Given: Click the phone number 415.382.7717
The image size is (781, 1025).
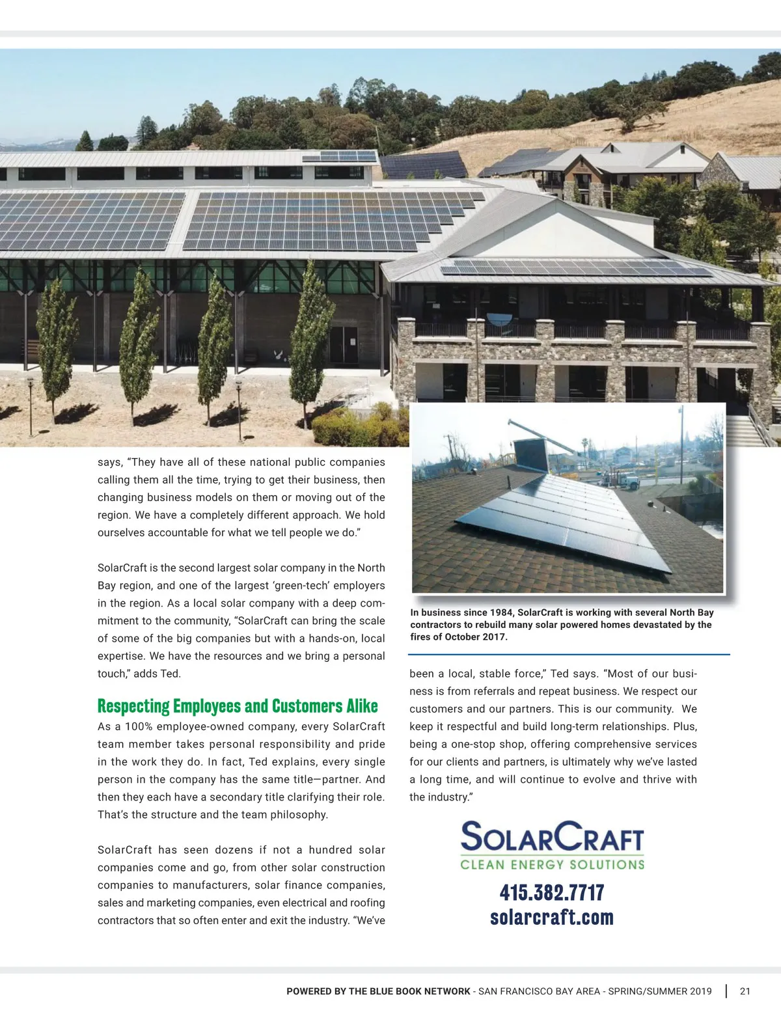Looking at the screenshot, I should (x=552, y=892).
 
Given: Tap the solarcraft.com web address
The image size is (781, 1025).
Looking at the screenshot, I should (x=552, y=917).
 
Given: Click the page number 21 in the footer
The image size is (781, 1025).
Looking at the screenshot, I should (x=745, y=991).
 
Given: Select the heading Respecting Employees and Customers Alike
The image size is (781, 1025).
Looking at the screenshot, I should (x=238, y=706).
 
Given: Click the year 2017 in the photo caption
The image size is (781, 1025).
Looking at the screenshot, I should (x=493, y=636).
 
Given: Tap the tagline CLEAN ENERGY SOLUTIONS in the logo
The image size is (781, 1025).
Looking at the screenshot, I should (x=552, y=865).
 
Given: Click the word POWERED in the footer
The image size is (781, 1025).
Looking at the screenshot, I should (x=309, y=991).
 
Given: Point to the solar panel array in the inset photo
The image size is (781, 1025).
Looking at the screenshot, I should (x=560, y=521).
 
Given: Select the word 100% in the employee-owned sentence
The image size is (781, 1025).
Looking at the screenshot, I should (x=138, y=726).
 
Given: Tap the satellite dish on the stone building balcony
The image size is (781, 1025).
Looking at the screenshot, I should (x=499, y=319).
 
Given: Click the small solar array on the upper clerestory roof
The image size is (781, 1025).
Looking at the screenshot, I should (x=339, y=156).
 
